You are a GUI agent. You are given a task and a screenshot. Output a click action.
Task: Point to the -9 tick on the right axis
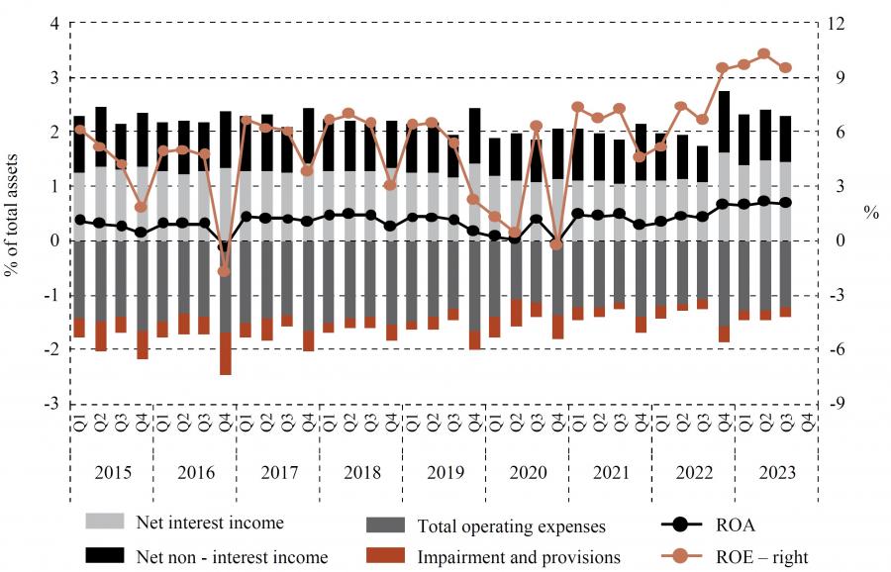click(x=837, y=404)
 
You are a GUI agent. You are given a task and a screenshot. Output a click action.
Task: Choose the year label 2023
click(x=774, y=472)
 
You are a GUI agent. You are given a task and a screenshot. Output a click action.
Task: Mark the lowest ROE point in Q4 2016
click(x=224, y=271)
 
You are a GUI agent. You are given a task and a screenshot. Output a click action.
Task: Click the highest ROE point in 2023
click(x=763, y=53)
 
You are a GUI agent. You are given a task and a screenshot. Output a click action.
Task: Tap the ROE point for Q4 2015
click(x=142, y=207)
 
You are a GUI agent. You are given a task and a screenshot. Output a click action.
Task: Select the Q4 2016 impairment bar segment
click(x=225, y=353)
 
